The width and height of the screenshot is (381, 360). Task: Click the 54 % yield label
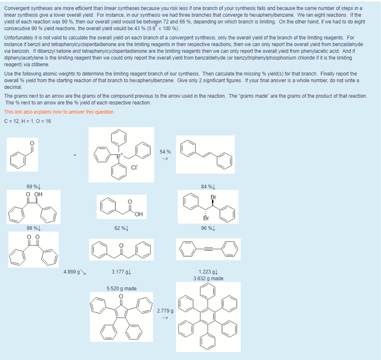pyautogui.click(x=165, y=151)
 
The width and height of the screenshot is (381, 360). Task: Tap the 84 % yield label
pyautogui.click(x=208, y=186)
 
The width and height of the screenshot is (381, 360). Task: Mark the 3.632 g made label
pyautogui.click(x=208, y=279)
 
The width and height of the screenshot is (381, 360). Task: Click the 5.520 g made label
pyautogui.click(x=121, y=289)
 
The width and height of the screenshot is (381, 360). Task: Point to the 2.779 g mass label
pyautogui.click(x=165, y=311)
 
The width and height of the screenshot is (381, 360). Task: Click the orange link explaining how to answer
pyautogui.click(x=59, y=112)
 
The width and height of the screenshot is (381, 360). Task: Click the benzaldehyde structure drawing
pyautogui.click(x=23, y=154)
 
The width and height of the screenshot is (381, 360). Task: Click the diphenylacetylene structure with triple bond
pyautogui.click(x=208, y=249)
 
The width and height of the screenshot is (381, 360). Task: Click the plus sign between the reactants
pyautogui.click(x=75, y=156)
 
